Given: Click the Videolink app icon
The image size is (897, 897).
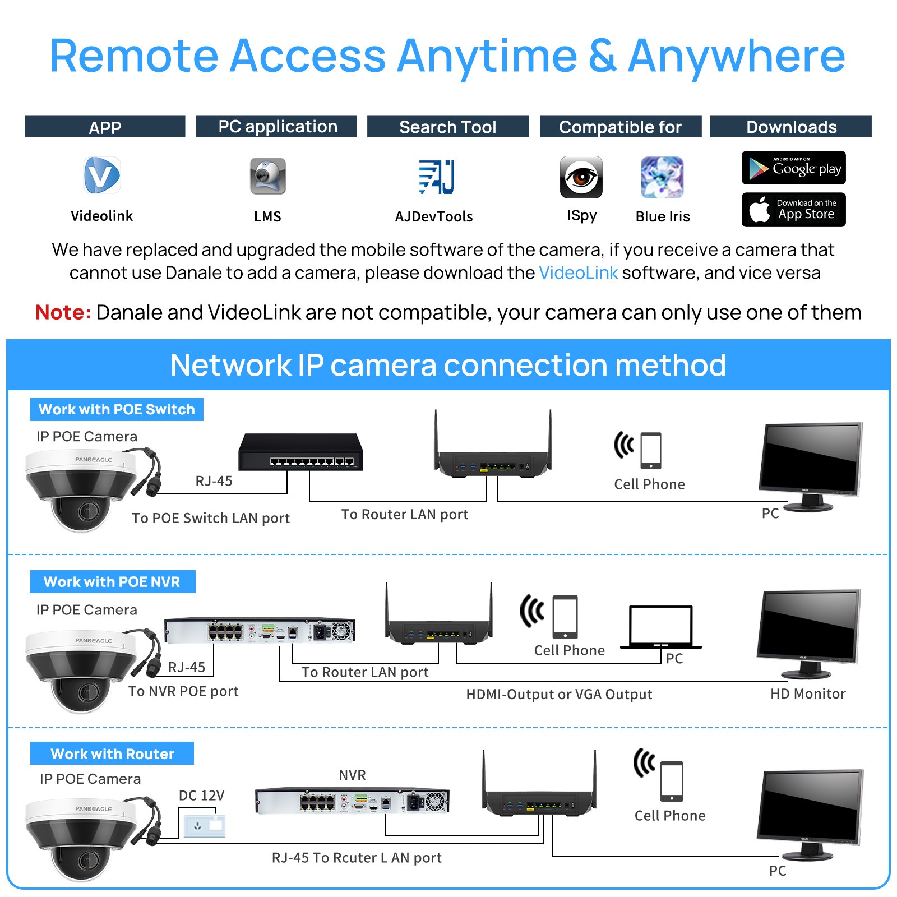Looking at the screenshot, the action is point(101,175).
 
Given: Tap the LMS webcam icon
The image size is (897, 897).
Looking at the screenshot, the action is point(267,176).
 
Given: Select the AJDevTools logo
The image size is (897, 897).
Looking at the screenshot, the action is point(436,177).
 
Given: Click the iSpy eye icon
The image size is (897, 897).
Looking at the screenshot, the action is point(581,177).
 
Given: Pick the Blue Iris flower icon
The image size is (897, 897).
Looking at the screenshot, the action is point(662,177).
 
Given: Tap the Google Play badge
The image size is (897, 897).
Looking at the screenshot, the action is point(793,168).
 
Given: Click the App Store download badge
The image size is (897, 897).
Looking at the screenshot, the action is point(793,210).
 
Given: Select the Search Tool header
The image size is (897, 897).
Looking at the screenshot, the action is point(447,127).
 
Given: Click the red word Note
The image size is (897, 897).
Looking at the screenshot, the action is point(63,312).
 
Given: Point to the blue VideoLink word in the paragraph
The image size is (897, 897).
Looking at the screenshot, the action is point(578,273).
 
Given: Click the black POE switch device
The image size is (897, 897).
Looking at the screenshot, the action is point(300,452).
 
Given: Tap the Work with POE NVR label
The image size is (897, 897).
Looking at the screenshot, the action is point(113,582).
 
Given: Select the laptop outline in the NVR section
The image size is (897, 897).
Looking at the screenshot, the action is point(660,627).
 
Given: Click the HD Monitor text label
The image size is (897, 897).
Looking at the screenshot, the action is point(807,694).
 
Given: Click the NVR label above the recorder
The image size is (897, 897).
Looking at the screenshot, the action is point(352,775).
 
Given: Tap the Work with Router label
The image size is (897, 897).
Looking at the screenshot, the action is point(112,754).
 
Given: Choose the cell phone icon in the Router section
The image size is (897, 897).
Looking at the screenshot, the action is point(671,781).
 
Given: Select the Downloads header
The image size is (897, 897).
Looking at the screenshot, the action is point(790,127).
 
